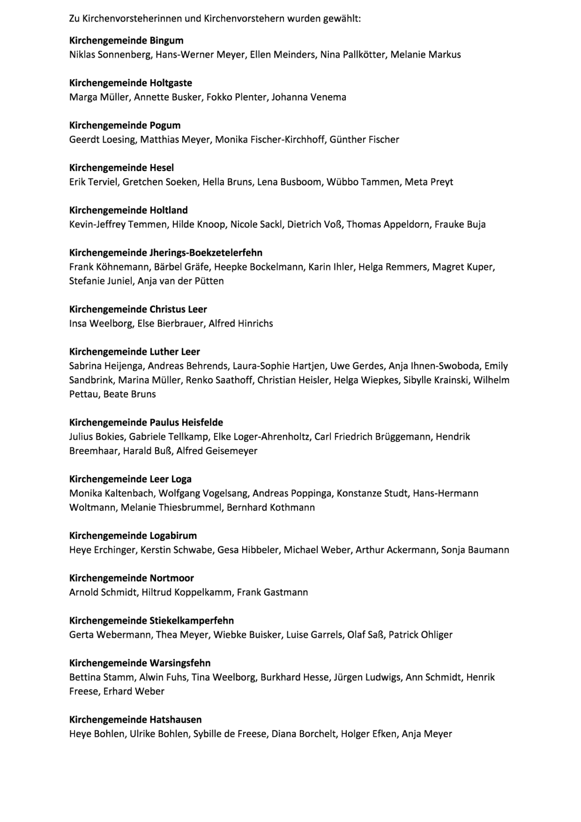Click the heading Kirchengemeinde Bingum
126,40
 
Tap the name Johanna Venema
309,97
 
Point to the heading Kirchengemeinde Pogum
125,125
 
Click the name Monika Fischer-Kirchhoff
269,140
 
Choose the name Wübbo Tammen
363,182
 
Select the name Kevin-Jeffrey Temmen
118,224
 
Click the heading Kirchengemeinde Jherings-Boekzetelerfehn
165,253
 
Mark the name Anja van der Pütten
181,281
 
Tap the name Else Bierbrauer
170,324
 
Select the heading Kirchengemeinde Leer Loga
130,479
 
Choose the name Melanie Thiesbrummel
171,507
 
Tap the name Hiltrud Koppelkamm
187,593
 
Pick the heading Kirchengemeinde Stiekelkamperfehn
152,620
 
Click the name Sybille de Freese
230,734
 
